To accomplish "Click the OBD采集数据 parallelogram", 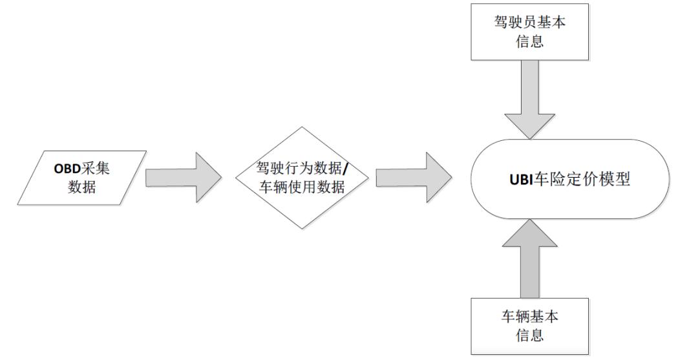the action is pyautogui.click(x=82, y=178).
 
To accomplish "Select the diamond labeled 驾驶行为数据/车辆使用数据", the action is pyautogui.click(x=302, y=178).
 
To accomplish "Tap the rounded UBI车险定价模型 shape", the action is pyautogui.click(x=570, y=179).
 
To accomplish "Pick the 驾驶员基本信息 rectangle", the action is pyautogui.click(x=530, y=32).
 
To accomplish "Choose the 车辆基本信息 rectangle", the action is pyautogui.click(x=530, y=326).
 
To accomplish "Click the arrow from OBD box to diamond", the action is pyautogui.click(x=184, y=178).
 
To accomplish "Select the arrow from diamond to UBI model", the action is pyautogui.click(x=414, y=178).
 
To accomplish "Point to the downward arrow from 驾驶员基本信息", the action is pyautogui.click(x=530, y=100).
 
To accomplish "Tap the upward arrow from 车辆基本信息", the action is pyautogui.click(x=530, y=259).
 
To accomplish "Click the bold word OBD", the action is pyautogui.click(x=67, y=169).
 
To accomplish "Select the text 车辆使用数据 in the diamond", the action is pyautogui.click(x=302, y=187).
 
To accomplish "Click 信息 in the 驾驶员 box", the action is pyautogui.click(x=530, y=41).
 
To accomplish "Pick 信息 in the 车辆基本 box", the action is pyautogui.click(x=530, y=335).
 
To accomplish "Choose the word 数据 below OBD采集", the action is pyautogui.click(x=82, y=187).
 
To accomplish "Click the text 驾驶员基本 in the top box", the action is pyautogui.click(x=530, y=22).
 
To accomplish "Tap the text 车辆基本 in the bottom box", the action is pyautogui.click(x=530, y=317).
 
